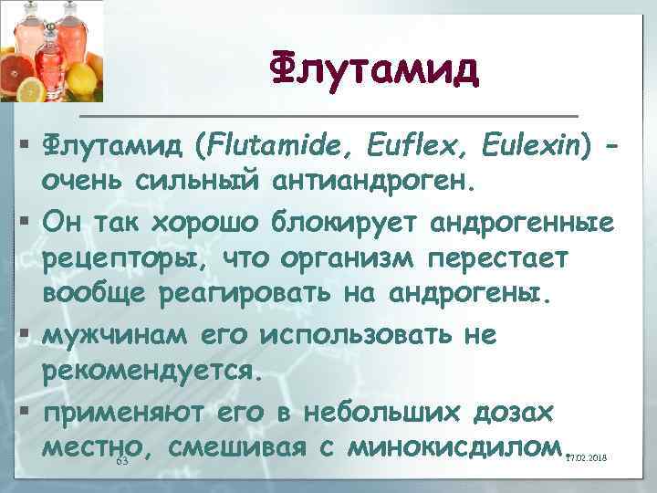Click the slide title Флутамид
[375, 69]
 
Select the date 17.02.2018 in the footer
[586, 457]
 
